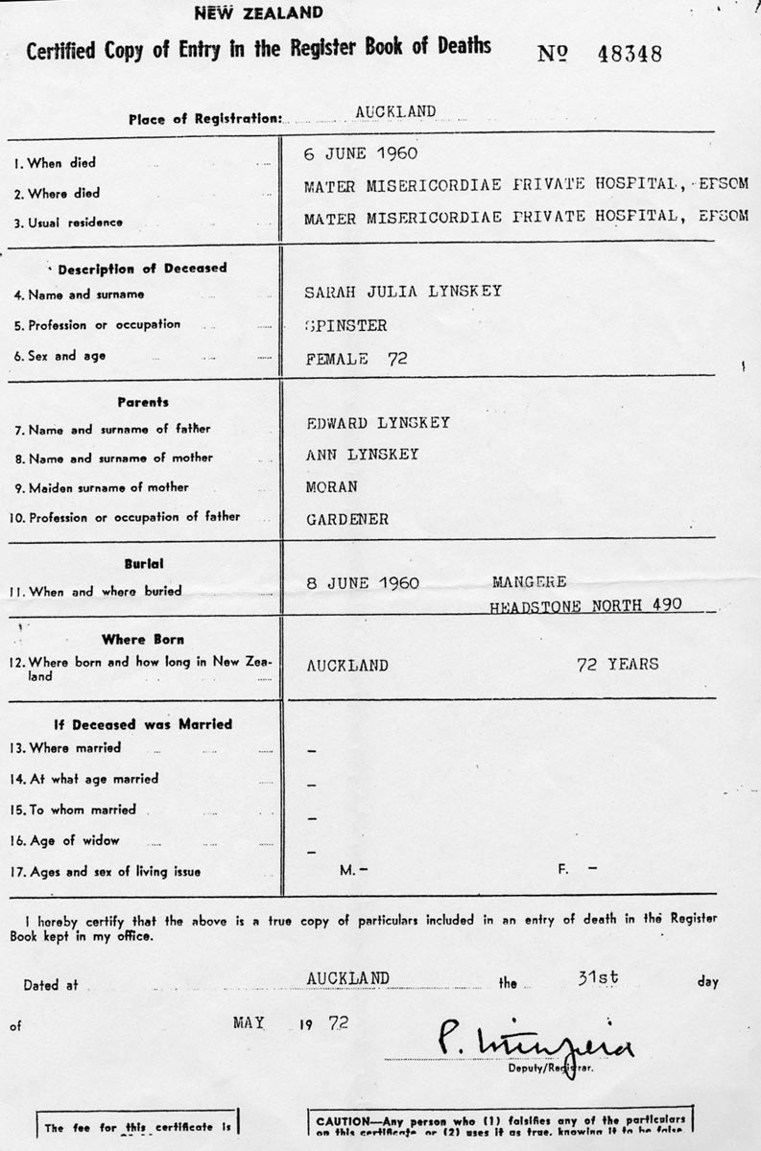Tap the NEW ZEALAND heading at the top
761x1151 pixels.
point(259,12)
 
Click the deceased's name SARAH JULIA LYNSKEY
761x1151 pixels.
point(403,292)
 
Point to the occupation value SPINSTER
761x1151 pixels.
point(345,325)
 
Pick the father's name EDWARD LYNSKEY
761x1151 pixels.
point(377,423)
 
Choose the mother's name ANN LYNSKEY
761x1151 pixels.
point(362,455)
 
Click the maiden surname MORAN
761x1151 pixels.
point(331,486)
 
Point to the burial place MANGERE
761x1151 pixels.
point(529,582)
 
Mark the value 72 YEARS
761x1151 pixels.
point(618,664)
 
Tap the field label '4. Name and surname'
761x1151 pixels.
point(86,295)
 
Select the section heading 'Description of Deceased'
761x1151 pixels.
point(142,268)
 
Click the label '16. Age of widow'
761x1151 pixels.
point(66,841)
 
